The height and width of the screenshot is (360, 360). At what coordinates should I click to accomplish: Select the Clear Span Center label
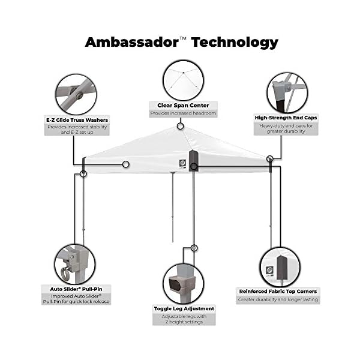183,105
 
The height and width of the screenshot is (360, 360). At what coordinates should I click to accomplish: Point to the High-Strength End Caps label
285,118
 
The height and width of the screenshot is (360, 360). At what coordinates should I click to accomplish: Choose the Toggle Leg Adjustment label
183,308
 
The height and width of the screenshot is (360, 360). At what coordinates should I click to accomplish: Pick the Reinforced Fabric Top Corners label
278,292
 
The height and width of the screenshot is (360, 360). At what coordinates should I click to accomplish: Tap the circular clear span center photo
183,80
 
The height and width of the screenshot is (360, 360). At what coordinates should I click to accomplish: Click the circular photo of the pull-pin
74,263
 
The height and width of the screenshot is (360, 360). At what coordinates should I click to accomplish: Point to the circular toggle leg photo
183,283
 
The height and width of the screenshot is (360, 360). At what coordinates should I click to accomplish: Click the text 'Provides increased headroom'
183,113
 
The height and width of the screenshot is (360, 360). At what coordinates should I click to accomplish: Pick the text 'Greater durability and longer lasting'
278,299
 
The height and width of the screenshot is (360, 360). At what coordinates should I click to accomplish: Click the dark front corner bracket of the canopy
193,161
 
